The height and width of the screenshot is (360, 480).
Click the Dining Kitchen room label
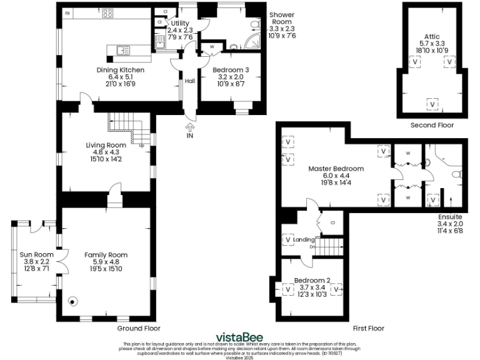[120, 70]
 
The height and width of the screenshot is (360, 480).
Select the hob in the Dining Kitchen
[107, 12]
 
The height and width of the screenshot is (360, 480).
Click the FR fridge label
[67, 12]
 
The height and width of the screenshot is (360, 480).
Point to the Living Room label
[106, 145]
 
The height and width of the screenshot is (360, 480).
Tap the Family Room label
[106, 255]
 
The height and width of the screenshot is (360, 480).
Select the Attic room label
[431, 36]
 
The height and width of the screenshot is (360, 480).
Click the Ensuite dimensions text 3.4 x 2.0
[450, 223]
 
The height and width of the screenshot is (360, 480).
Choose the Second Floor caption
[432, 125]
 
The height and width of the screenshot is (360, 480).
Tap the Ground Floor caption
[139, 328]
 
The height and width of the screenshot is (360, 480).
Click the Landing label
[304, 239]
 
